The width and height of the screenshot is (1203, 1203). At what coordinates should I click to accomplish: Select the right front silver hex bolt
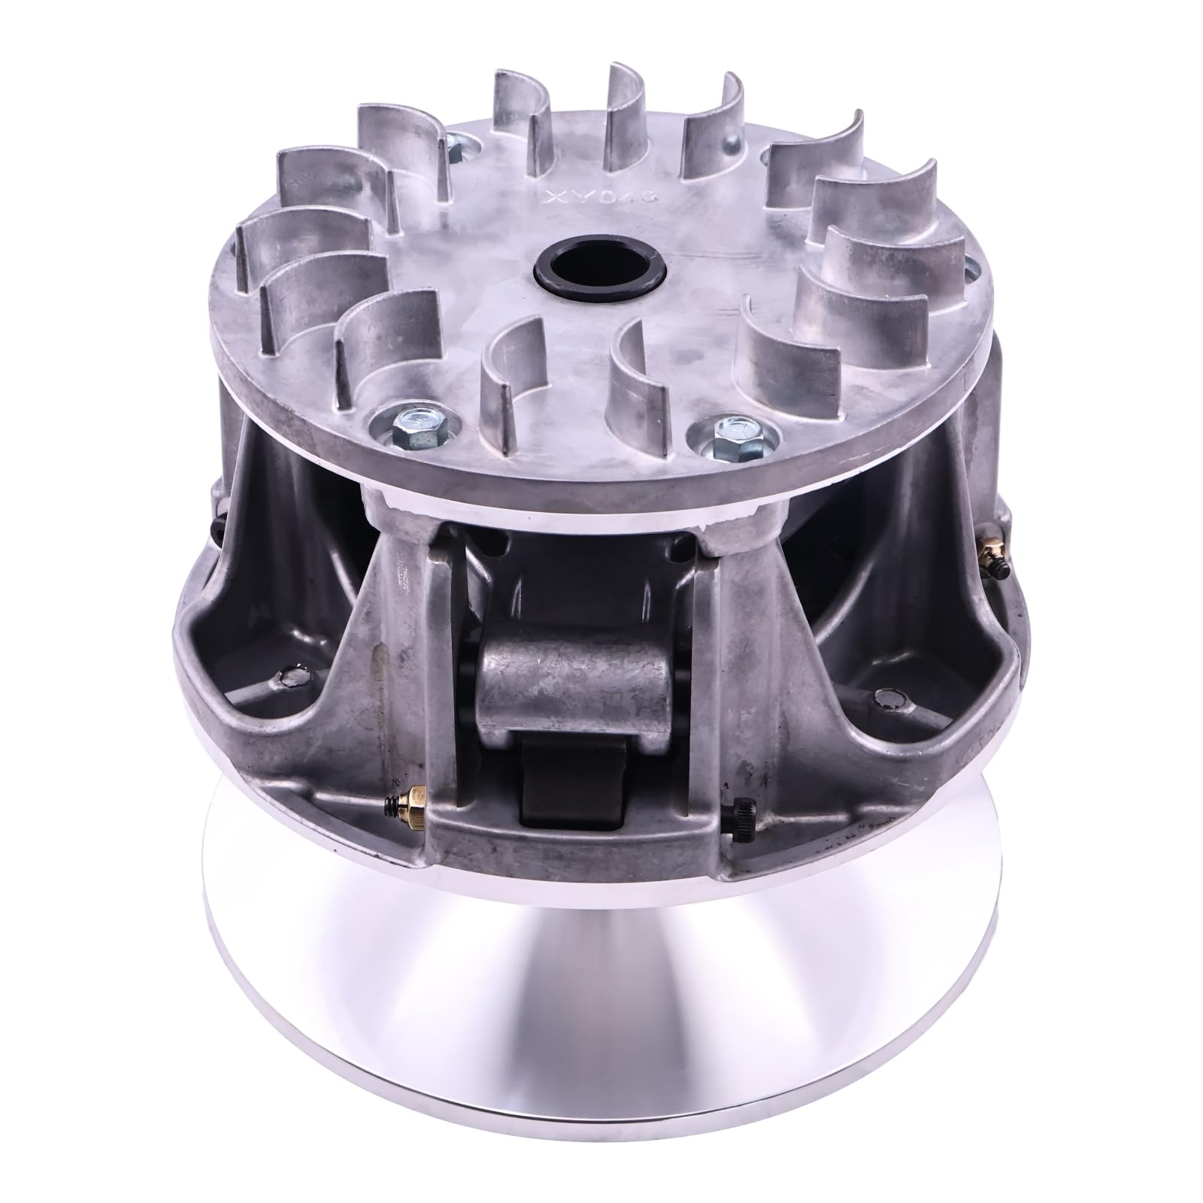(x=729, y=432)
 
